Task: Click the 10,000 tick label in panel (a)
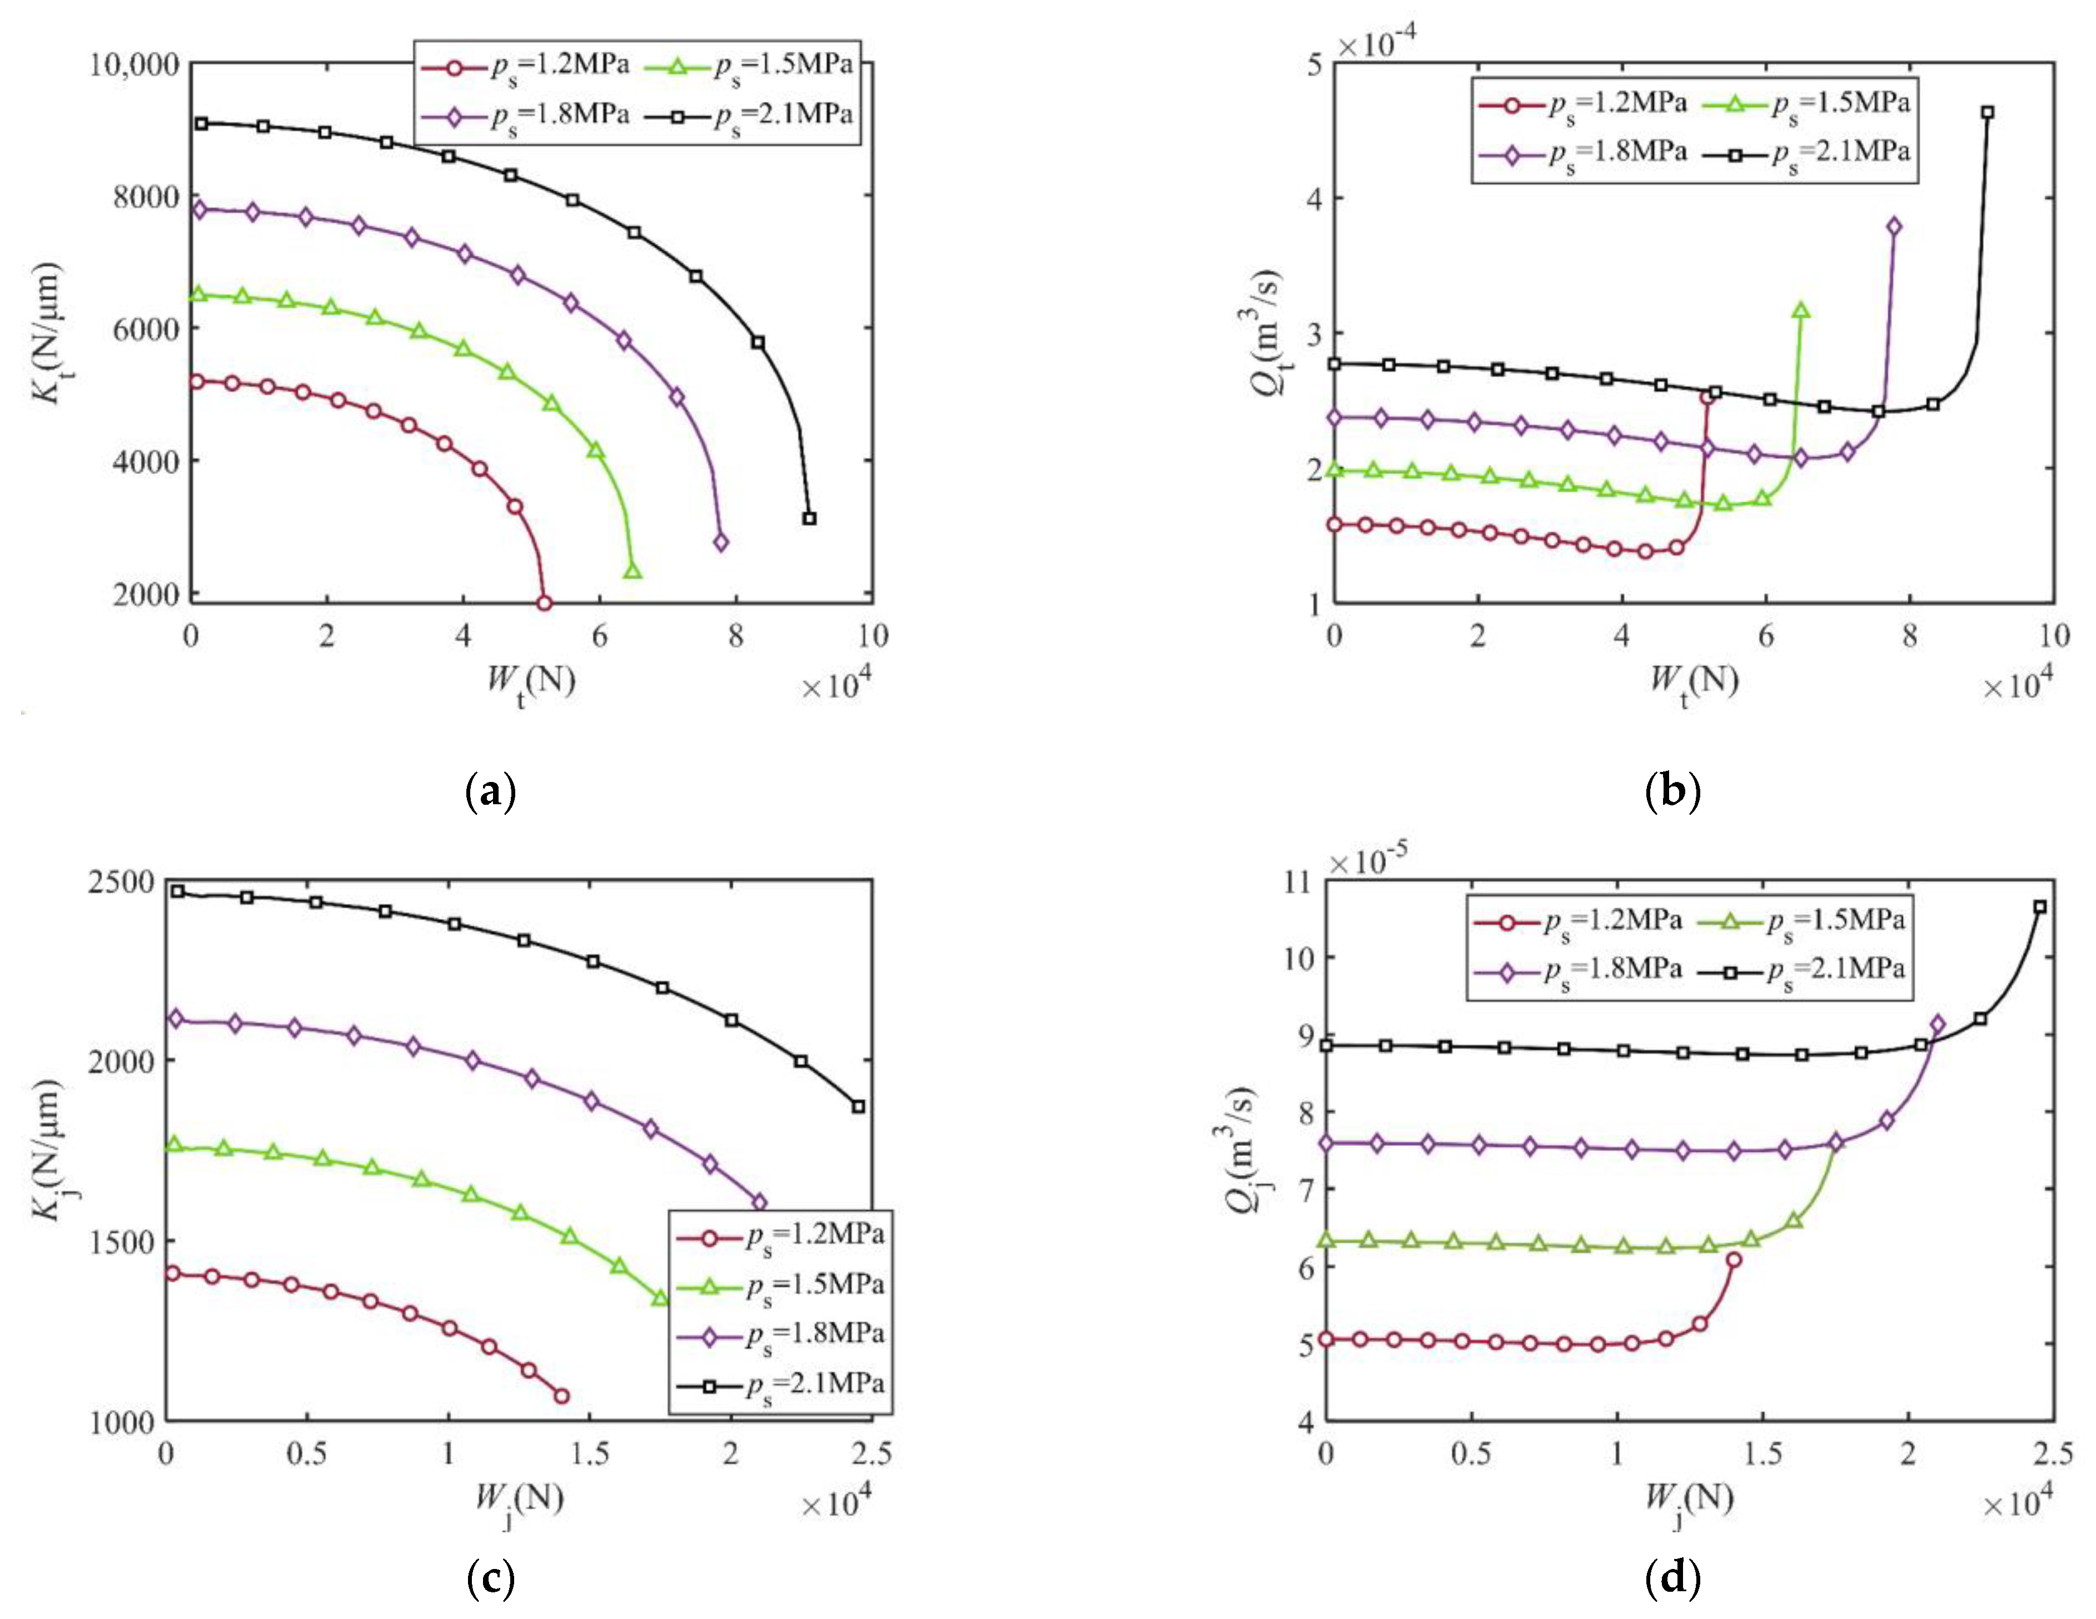pos(135,64)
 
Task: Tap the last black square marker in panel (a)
pos(809,518)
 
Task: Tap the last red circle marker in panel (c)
pos(561,1396)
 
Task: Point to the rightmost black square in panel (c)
pos(858,1107)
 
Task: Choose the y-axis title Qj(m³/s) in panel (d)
pos(1241,1152)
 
